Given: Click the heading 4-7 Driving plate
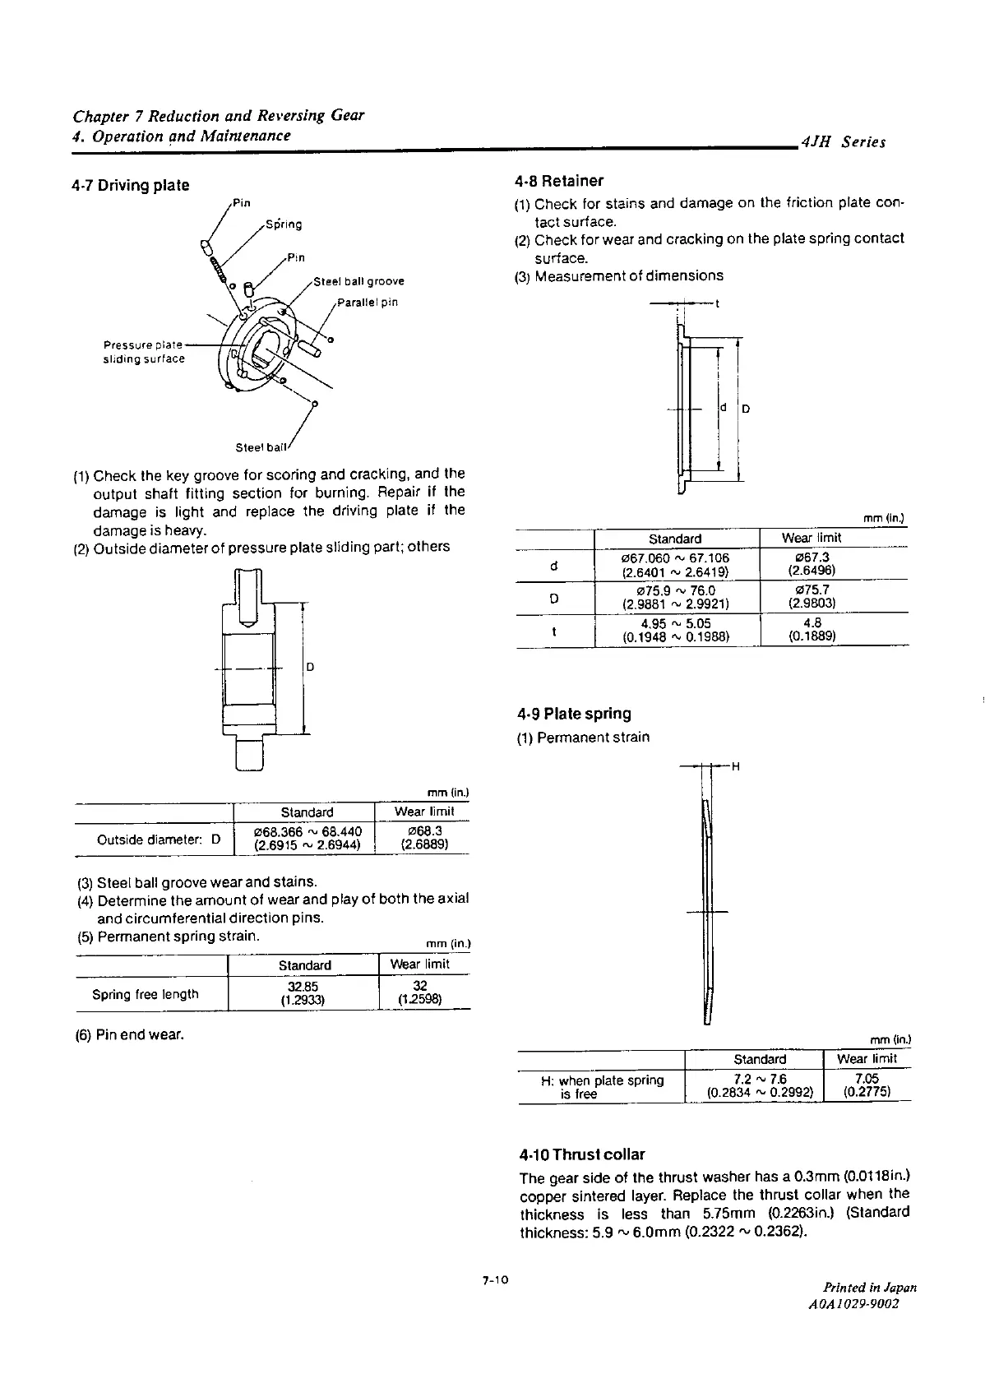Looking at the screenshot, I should [x=131, y=185].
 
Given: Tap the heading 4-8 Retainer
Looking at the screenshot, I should [x=559, y=181].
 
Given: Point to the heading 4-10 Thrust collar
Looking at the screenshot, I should [x=582, y=1154].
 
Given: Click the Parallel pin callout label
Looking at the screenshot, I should [x=368, y=302].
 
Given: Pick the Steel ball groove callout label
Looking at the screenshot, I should [x=359, y=281].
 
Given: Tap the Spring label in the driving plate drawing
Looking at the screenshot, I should [x=284, y=224].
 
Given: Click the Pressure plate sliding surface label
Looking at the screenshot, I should [x=144, y=352].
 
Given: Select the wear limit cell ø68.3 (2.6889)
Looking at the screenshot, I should [x=424, y=838].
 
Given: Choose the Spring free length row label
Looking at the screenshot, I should [x=146, y=994].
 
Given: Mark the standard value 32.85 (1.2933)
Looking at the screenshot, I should [x=303, y=993].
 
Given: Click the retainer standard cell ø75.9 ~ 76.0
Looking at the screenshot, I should [x=677, y=597].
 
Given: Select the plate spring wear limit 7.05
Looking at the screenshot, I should [x=867, y=1085].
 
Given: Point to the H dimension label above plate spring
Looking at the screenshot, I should [x=735, y=767].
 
